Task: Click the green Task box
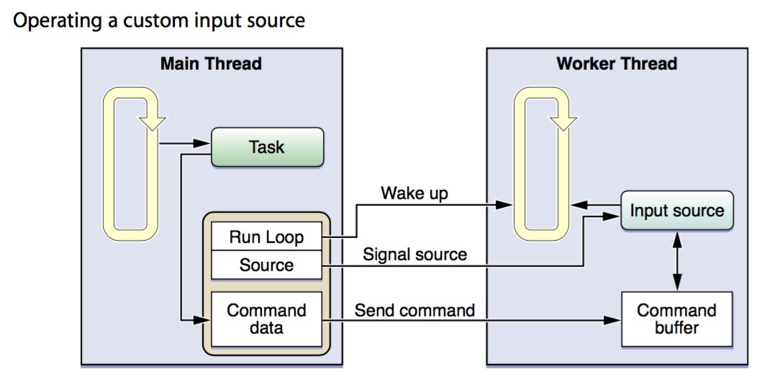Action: tap(267, 147)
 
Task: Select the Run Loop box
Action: tap(266, 237)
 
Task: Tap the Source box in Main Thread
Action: tap(266, 265)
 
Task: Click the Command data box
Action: tap(266, 319)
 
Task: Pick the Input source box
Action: tap(676, 211)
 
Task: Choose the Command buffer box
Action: tap(676, 319)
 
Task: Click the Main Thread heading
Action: tap(211, 63)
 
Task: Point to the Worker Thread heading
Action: tap(617, 63)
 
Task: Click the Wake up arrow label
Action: tap(414, 193)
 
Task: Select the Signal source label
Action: tap(414, 254)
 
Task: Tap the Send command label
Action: tap(414, 310)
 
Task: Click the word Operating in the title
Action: tap(54, 20)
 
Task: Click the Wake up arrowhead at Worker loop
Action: tap(507, 205)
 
